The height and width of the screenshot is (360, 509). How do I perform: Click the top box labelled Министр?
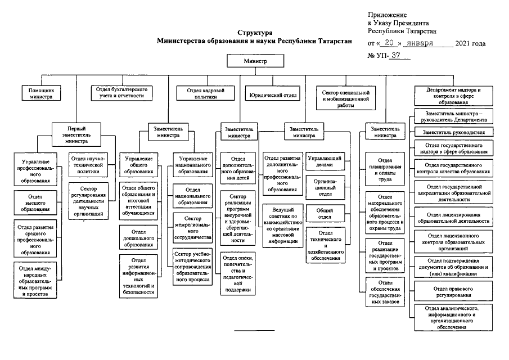pyautogui.click(x=254, y=60)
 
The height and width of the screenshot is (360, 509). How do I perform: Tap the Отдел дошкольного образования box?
pyautogui.click(x=138, y=237)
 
